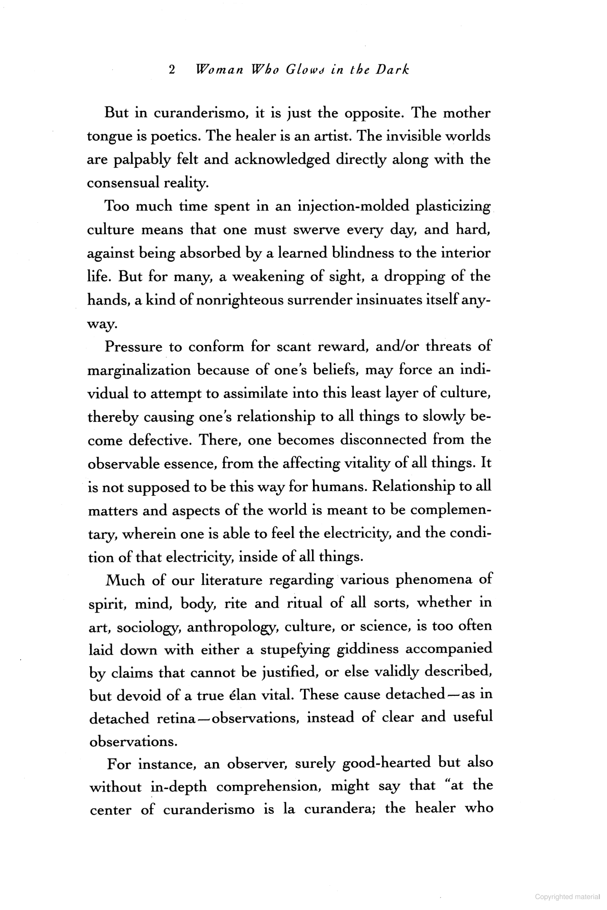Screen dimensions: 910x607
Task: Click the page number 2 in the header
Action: point(172,70)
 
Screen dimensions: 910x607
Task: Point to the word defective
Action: point(158,440)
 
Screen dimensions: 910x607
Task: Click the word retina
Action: point(176,719)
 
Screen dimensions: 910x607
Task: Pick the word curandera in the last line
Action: point(340,810)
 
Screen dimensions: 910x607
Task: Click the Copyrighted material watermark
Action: point(567,897)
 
